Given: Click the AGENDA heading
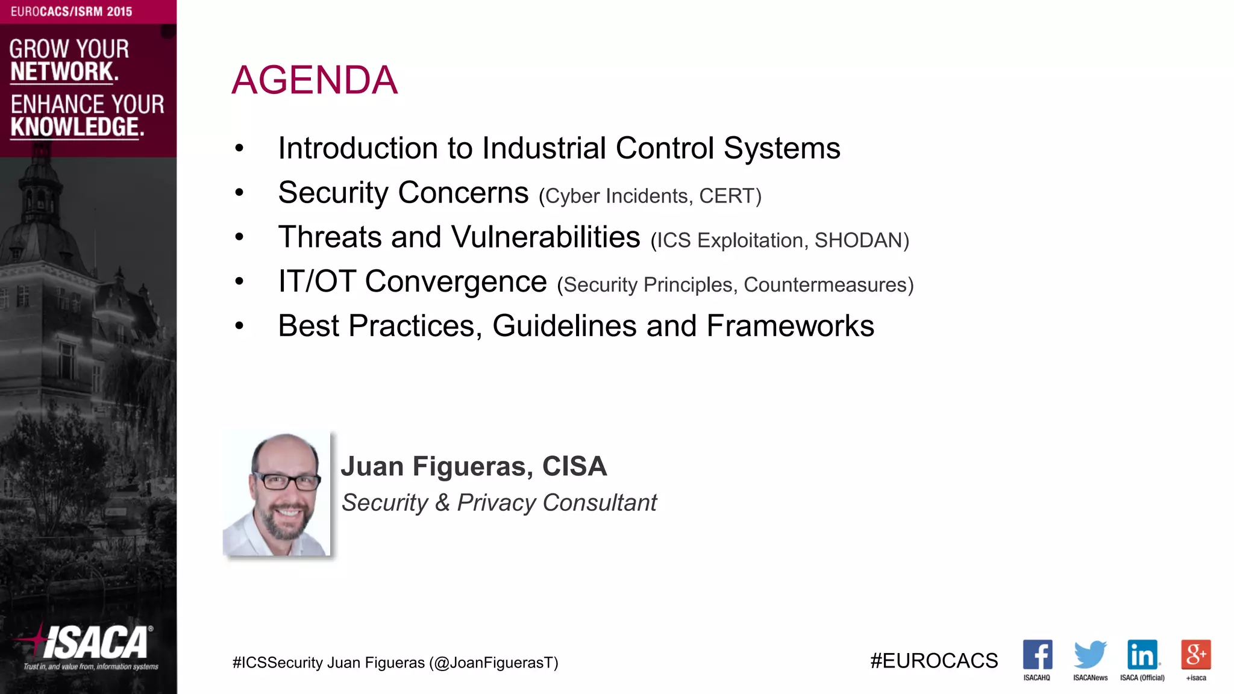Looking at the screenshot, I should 315,80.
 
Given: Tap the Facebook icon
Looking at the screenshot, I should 1037,655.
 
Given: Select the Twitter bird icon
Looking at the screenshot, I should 1090,655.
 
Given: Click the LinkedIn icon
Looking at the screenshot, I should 1142,655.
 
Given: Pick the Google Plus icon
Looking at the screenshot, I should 1195,655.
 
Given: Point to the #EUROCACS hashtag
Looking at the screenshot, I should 934,661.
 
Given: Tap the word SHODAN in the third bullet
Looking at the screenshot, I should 858,240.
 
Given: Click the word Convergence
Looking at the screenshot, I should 456,282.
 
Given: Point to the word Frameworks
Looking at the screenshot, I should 790,326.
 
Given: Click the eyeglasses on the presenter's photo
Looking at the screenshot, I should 287,481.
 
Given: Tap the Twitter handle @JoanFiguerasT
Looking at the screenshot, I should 493,663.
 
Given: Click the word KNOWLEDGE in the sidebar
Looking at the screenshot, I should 75,128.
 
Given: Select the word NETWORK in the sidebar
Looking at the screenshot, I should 62,72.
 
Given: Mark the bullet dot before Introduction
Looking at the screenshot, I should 239,148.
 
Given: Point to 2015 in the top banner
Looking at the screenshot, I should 119,11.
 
